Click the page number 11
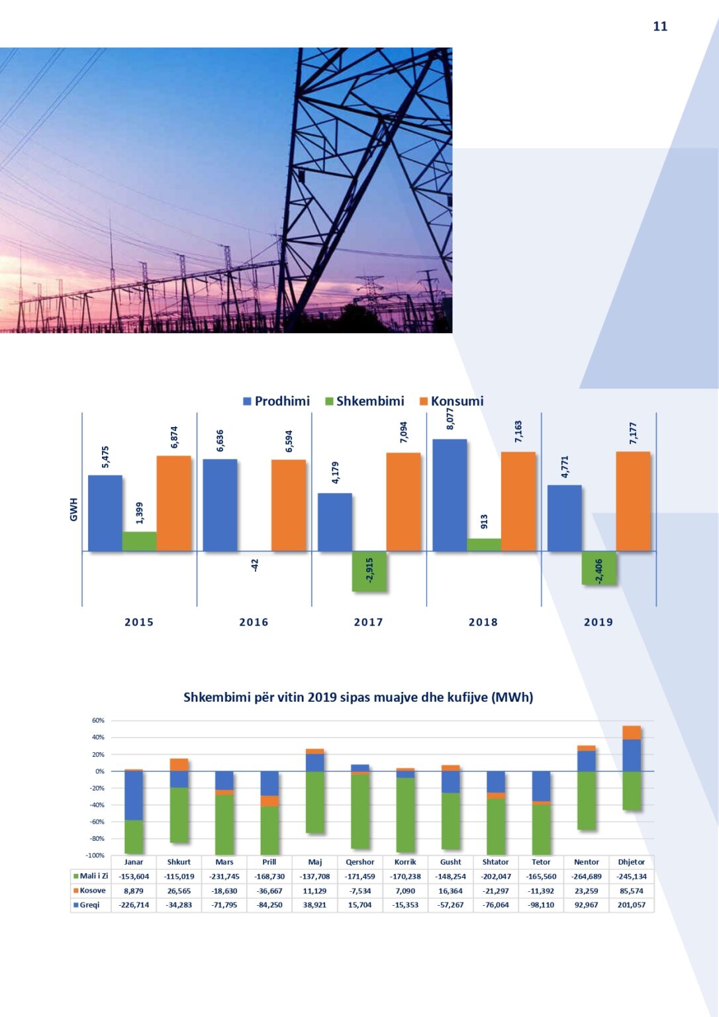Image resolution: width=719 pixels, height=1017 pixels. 660,26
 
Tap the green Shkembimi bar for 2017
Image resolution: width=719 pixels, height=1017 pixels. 369,571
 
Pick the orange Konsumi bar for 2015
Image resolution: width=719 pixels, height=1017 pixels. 173,503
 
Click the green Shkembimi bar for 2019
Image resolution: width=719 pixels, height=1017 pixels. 599,567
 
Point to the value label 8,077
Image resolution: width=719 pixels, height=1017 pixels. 450,419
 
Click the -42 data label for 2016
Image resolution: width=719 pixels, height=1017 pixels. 255,565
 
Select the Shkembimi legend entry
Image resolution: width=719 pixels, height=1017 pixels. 365,401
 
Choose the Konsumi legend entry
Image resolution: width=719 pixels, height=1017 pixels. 452,401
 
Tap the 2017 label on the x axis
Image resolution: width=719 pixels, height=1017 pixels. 369,622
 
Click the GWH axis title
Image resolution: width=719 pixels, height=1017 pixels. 73,509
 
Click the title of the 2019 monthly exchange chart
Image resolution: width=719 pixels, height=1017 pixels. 358,697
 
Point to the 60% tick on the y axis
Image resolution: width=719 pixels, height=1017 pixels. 98,720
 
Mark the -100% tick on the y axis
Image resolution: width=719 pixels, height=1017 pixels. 95,855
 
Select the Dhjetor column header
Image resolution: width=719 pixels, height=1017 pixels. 631,862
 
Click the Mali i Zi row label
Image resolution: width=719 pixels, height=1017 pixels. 91,876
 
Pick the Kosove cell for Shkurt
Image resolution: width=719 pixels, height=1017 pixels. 179,891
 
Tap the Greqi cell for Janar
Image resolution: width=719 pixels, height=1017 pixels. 134,905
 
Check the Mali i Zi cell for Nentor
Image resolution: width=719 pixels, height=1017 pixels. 586,876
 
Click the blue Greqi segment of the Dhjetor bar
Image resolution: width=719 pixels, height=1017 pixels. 631,755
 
